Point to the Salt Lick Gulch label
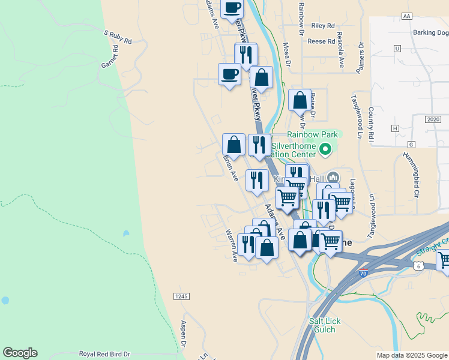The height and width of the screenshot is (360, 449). point(325,326)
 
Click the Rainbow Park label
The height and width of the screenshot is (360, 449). point(309,134)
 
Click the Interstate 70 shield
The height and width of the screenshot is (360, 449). point(362,273)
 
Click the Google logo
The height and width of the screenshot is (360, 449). point(20,353)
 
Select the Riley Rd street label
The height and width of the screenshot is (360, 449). point(323,26)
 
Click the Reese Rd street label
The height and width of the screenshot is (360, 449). point(321,41)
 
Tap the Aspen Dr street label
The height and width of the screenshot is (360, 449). point(184,334)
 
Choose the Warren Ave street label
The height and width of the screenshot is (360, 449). point(231,245)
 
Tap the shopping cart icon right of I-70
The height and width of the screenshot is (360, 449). point(444,260)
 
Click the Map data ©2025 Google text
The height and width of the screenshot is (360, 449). point(411,355)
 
